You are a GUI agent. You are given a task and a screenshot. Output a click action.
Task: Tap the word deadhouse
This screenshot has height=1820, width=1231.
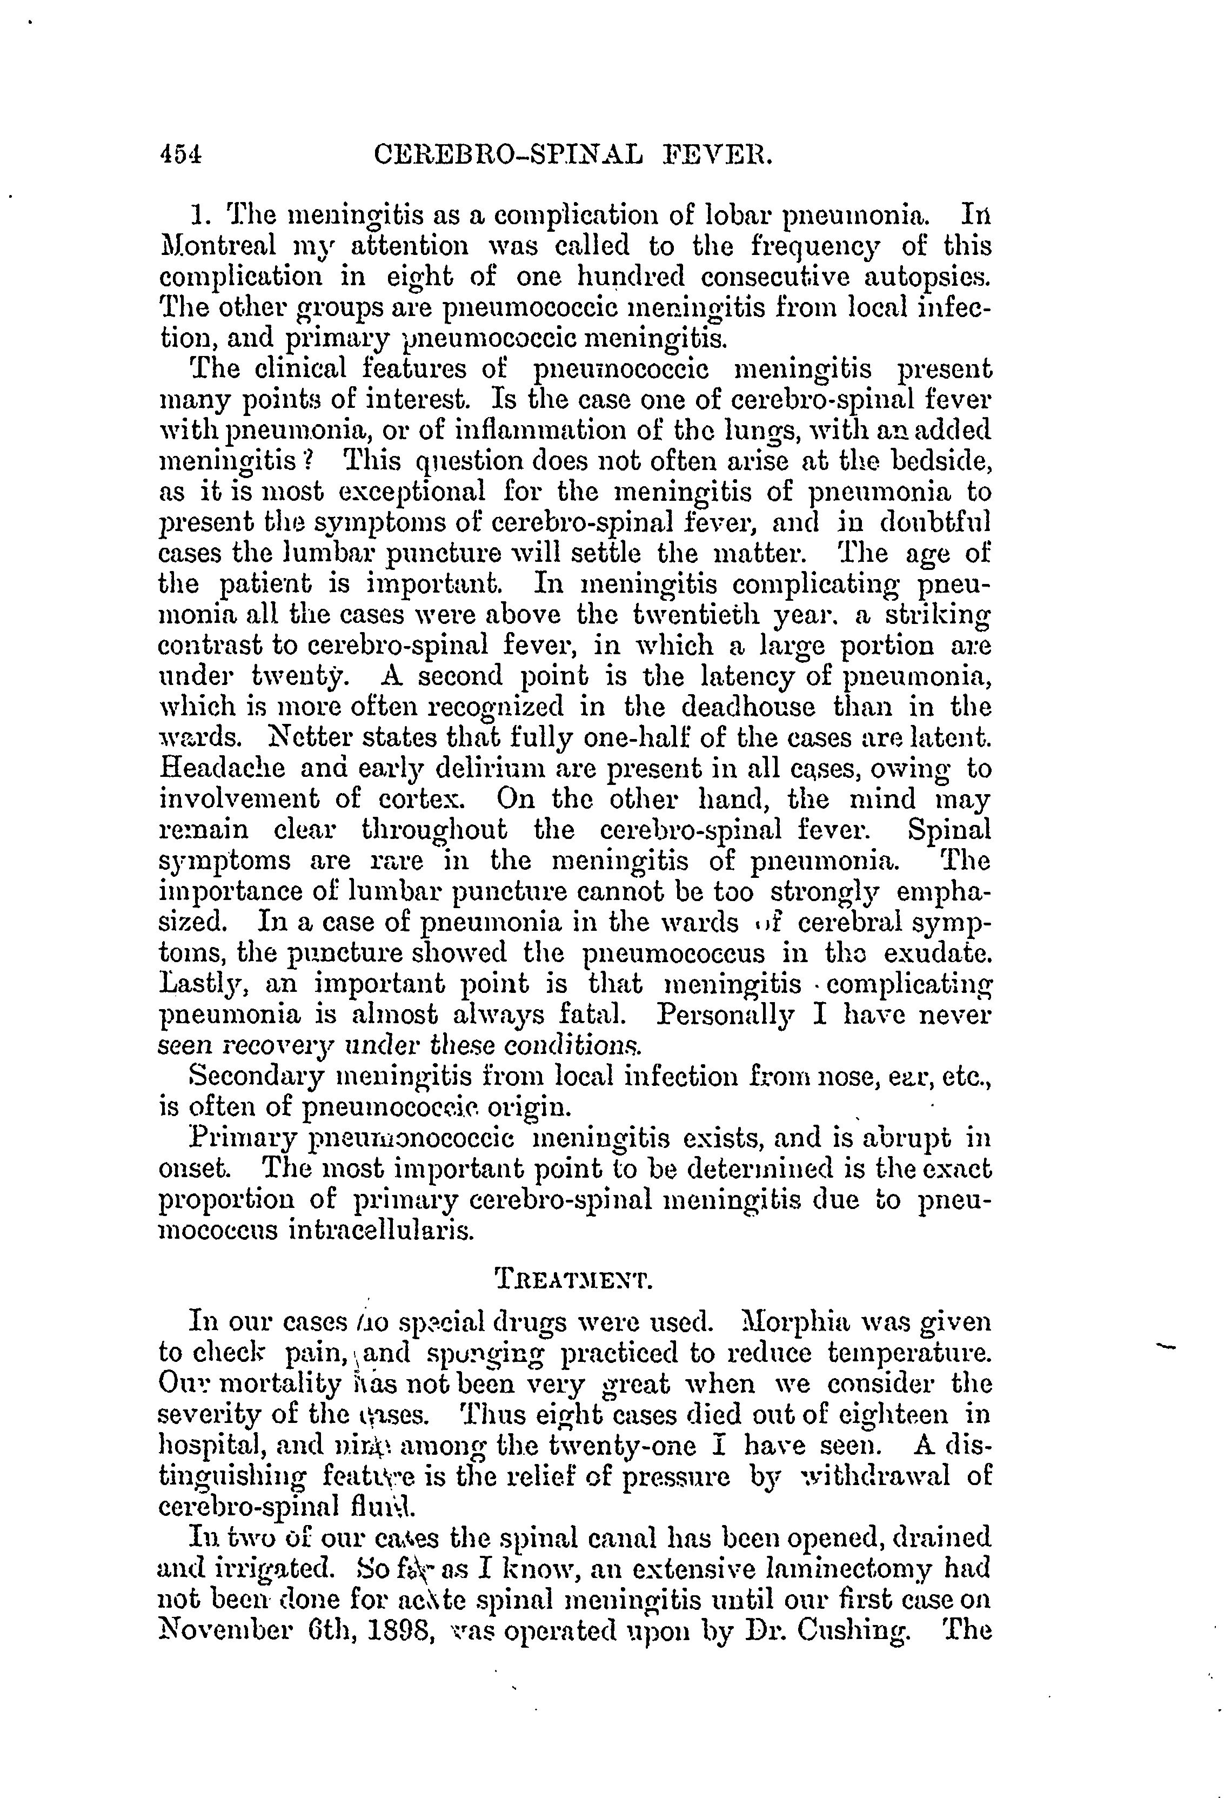pyautogui.click(x=735, y=707)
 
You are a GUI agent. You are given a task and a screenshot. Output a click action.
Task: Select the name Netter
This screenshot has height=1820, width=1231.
pyautogui.click(x=314, y=738)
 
